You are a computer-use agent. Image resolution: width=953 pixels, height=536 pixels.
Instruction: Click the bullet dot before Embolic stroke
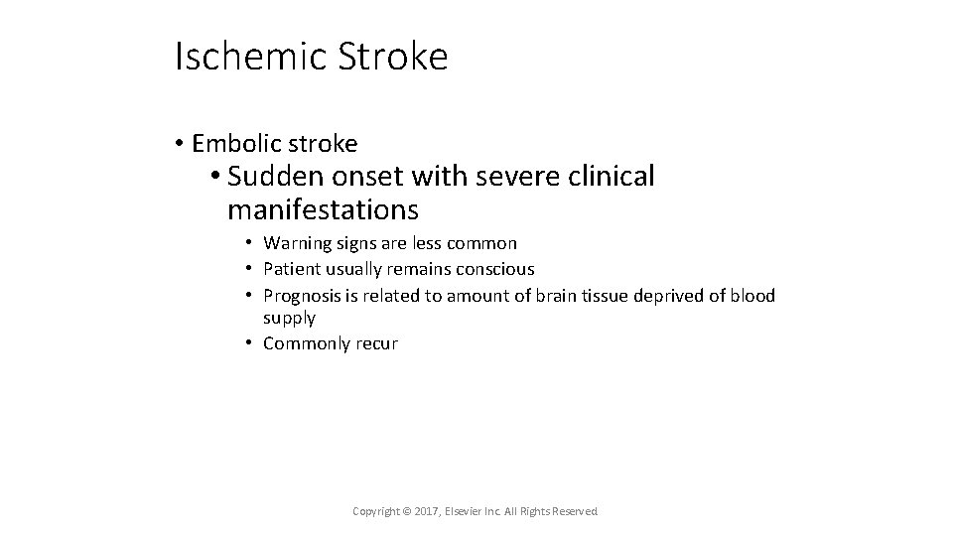click(179, 144)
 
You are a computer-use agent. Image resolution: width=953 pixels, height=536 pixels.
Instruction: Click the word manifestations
click(323, 210)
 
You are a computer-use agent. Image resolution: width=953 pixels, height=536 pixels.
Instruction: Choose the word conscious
click(496, 269)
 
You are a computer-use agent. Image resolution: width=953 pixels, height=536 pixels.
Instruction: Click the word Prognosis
click(303, 295)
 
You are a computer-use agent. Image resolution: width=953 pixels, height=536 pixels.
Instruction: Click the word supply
click(289, 319)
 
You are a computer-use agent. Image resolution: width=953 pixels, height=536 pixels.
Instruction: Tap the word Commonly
click(307, 343)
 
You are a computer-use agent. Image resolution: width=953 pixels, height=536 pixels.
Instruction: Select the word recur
click(377, 343)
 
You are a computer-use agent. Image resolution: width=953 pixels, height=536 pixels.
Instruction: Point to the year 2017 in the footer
click(423, 511)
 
